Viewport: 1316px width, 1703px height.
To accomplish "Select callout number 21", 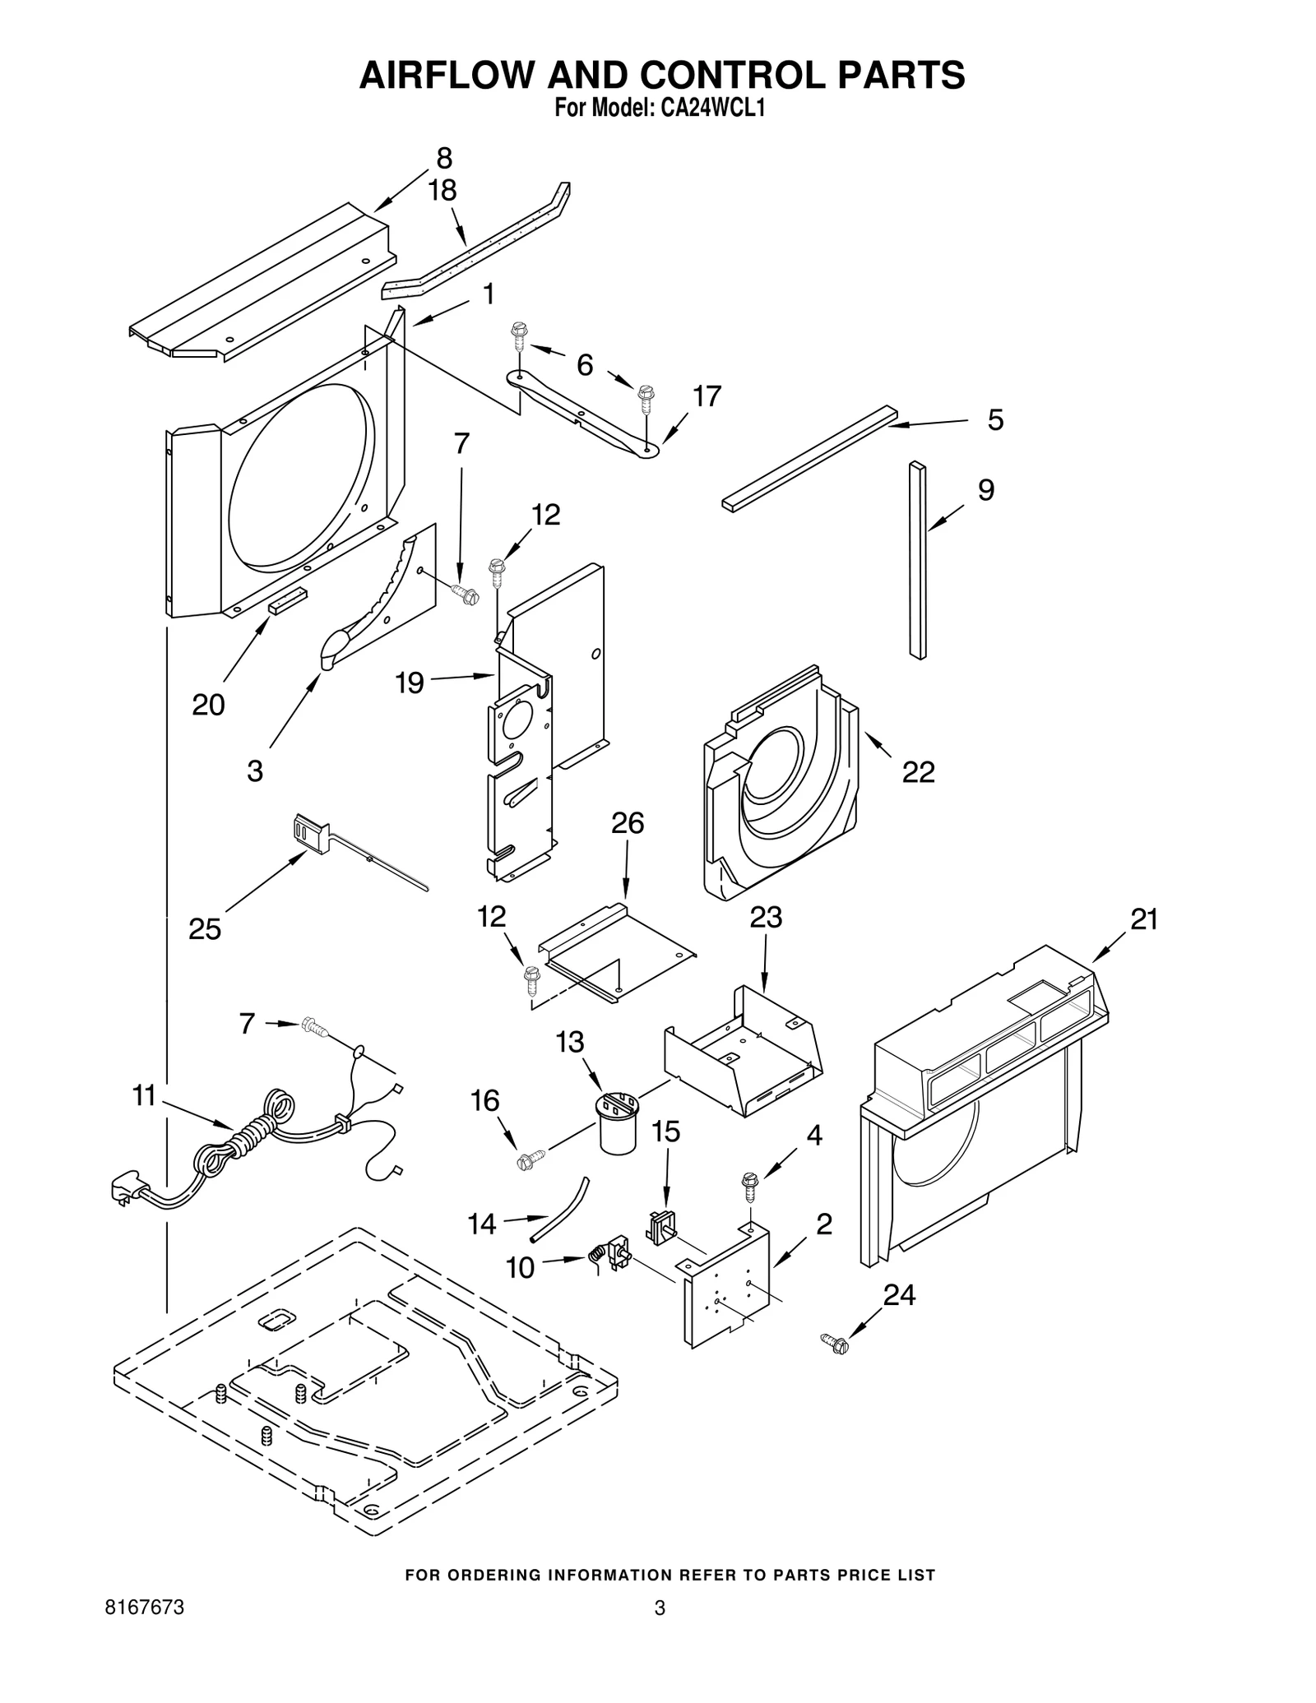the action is coord(1144,919).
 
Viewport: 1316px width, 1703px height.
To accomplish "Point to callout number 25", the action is coord(205,929).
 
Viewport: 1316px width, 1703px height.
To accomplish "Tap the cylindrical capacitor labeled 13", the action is coord(619,1122).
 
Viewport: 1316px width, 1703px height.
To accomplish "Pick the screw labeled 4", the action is coord(750,1185).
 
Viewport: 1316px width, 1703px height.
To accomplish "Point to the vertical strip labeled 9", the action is coord(918,560).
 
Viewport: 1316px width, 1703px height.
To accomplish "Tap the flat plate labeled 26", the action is coord(617,952).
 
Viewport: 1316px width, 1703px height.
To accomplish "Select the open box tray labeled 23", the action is coord(743,1052).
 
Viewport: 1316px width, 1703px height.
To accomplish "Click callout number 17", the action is coord(707,396).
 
